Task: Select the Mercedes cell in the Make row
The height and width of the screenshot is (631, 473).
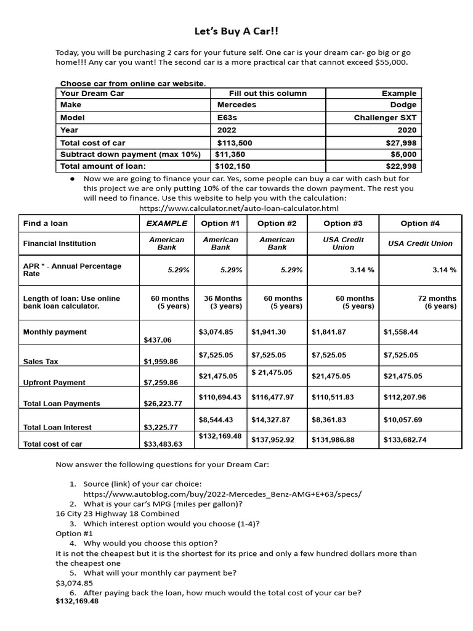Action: point(236,105)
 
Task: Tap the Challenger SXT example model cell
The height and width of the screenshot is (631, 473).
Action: point(385,117)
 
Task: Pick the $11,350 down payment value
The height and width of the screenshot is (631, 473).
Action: point(232,154)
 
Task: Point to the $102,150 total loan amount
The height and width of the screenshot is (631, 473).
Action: point(233,166)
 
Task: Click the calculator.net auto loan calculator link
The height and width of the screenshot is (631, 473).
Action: point(239,208)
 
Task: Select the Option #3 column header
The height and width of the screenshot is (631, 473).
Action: point(342,223)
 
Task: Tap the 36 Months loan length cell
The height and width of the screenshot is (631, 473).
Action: point(220,302)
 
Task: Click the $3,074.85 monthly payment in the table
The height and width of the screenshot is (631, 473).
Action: point(216,332)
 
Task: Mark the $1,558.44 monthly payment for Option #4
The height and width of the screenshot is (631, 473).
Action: point(400,332)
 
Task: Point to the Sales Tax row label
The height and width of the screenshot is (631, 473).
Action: point(41,362)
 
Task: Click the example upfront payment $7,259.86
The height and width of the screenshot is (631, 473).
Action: point(160,383)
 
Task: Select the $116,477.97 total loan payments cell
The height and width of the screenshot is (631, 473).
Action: point(273,397)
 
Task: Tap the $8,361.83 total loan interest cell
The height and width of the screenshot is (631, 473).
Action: point(329,420)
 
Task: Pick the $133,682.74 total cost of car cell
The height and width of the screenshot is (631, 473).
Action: point(405,439)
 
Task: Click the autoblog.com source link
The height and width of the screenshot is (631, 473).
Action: point(222,494)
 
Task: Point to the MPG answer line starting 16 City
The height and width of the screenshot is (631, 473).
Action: point(117,513)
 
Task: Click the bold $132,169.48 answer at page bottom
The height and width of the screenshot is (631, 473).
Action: point(77,602)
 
